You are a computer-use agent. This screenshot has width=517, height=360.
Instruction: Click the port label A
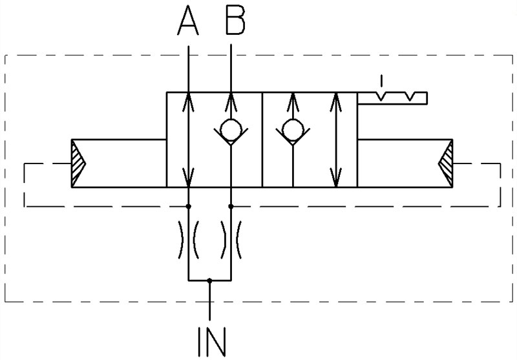tap(188, 21)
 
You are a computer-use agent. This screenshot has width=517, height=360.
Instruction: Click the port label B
tap(235, 21)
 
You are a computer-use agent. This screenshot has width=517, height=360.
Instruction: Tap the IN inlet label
tap(212, 341)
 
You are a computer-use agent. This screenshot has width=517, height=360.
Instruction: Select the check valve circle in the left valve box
tap(231, 130)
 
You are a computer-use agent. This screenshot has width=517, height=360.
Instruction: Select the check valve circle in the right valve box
tap(293, 130)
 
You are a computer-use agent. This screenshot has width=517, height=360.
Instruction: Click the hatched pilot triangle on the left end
tap(78, 163)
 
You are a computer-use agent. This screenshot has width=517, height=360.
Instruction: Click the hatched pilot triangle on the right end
tap(446, 163)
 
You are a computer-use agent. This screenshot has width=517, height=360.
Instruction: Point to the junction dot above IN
tap(209, 281)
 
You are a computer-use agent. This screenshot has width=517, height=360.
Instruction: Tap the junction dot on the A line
tap(188, 206)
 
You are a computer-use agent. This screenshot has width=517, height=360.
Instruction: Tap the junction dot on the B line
tap(231, 206)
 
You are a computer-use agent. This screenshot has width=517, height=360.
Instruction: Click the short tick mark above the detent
tap(381, 80)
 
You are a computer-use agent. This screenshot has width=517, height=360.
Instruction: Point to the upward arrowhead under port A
tap(188, 101)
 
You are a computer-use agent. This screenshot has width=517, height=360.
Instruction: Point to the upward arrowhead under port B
tap(231, 101)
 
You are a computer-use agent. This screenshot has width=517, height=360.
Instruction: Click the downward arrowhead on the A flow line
tap(188, 177)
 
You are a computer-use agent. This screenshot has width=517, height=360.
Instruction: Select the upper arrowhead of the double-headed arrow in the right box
tap(335, 101)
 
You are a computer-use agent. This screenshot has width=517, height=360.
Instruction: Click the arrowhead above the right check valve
tap(293, 101)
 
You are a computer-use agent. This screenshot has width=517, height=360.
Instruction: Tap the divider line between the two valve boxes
tap(262, 140)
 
